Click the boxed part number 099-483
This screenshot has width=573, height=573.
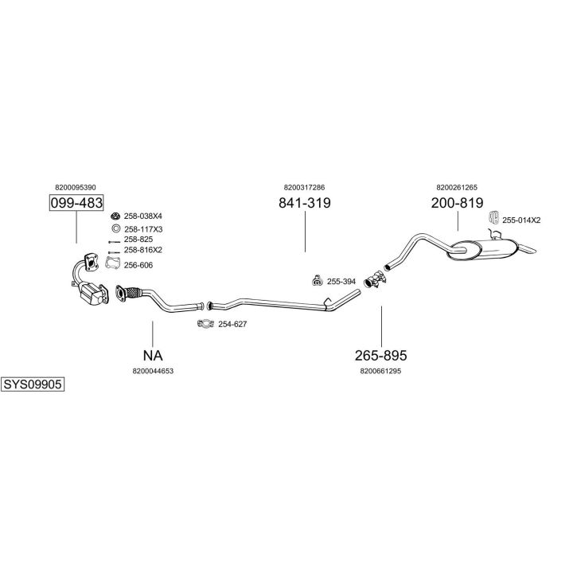(76, 203)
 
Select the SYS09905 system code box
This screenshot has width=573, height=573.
(32, 384)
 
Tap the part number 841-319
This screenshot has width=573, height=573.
(304, 203)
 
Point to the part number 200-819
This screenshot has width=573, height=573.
(457, 203)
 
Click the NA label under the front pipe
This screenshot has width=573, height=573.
(153, 355)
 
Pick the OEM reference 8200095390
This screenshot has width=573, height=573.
(76, 187)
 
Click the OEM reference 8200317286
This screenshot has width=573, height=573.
(304, 187)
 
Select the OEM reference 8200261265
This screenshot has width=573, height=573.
(457, 187)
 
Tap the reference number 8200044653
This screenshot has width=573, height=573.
(154, 370)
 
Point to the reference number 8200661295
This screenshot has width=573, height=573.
(380, 370)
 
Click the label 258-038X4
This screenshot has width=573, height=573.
(143, 216)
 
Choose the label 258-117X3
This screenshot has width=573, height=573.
(143, 228)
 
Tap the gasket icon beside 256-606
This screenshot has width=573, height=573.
(114, 264)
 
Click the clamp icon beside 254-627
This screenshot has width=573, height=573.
(205, 323)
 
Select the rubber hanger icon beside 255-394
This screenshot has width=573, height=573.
(317, 280)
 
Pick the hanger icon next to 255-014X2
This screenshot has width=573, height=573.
(493, 218)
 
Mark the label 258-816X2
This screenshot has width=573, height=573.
(143, 250)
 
